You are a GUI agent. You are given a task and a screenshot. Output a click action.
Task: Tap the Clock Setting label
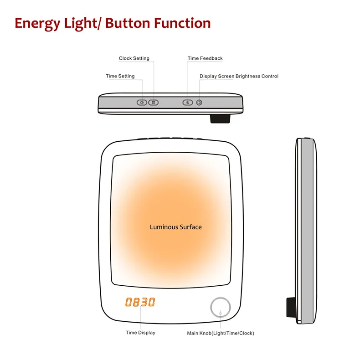coord(134,58)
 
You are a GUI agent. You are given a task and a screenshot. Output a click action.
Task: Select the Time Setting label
coord(120,76)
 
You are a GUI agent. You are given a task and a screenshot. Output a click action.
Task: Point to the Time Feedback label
coord(205,58)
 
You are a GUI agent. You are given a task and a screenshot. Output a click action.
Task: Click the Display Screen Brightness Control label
coord(239,76)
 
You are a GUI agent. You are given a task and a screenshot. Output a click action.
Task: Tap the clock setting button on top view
coord(154,102)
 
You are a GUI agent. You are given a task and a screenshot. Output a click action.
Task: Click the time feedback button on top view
coord(188,102)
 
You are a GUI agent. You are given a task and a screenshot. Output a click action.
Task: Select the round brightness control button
coord(199,102)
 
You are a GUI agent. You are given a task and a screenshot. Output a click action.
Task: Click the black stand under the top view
coord(220,118)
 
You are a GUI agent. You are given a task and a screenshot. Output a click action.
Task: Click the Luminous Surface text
coord(175,227)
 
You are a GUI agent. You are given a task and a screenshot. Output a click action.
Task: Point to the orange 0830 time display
coord(140,302)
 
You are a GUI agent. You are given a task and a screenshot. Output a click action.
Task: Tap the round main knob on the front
coord(221,309)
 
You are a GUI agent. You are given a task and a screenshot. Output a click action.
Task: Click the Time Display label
coord(140,333)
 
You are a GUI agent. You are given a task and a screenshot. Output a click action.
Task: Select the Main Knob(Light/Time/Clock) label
coord(221,333)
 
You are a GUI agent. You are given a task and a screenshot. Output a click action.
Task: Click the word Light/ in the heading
coord(82,24)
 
